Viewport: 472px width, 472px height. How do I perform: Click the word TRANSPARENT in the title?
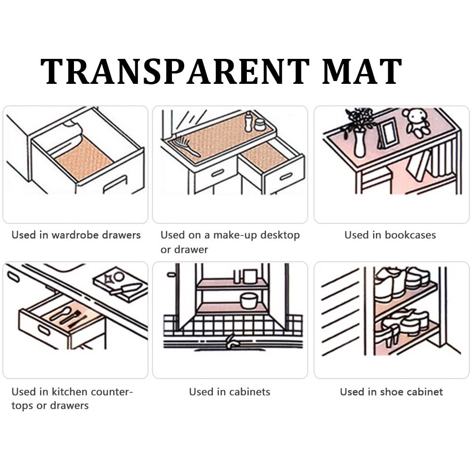pos(175,72)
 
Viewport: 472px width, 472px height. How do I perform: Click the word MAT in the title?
pos(362,72)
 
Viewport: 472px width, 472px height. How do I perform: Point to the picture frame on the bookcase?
pos(387,133)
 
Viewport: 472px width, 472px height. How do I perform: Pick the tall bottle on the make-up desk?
pos(248,122)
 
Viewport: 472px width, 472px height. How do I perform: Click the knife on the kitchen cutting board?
pos(125,289)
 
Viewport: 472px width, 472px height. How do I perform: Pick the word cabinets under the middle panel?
pos(250,391)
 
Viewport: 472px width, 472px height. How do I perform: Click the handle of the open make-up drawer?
pos(286,176)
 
